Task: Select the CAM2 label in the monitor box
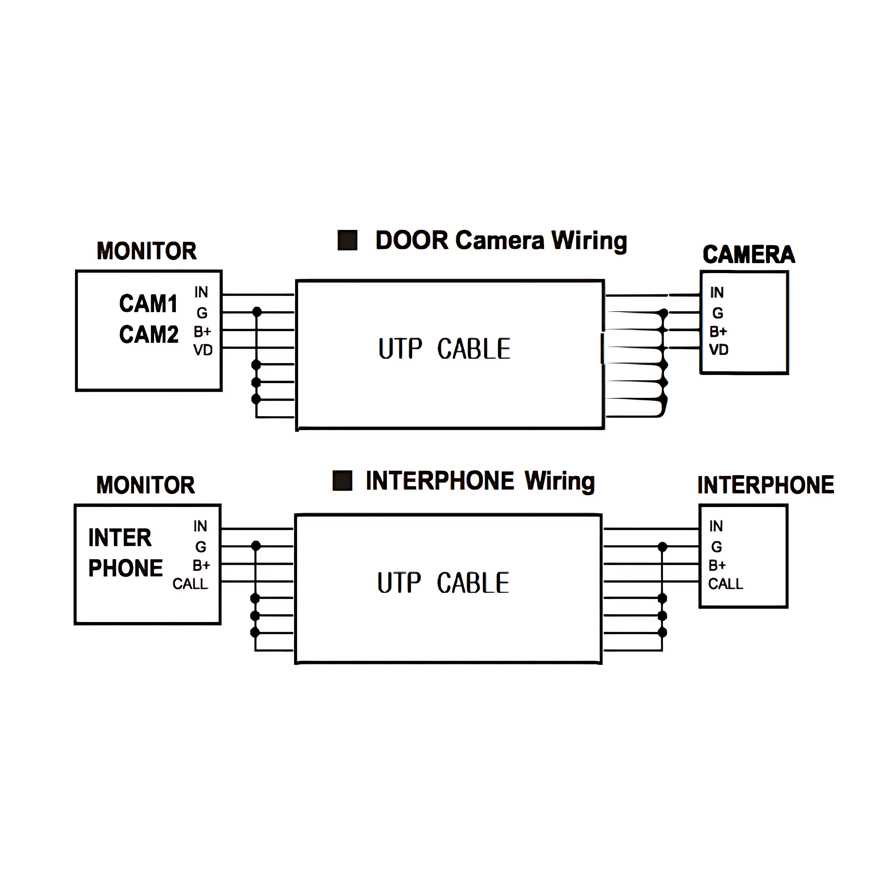tap(149, 334)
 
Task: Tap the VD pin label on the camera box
tap(719, 350)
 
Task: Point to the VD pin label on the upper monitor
tap(203, 350)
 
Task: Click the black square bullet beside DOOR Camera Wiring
tap(347, 240)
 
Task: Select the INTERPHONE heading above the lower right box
tap(765, 485)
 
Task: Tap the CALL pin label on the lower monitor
tap(190, 584)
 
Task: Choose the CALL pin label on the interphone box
tap(725, 584)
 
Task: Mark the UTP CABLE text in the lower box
tap(443, 583)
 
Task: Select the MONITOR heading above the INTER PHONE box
tap(146, 485)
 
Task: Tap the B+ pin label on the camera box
tap(718, 332)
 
